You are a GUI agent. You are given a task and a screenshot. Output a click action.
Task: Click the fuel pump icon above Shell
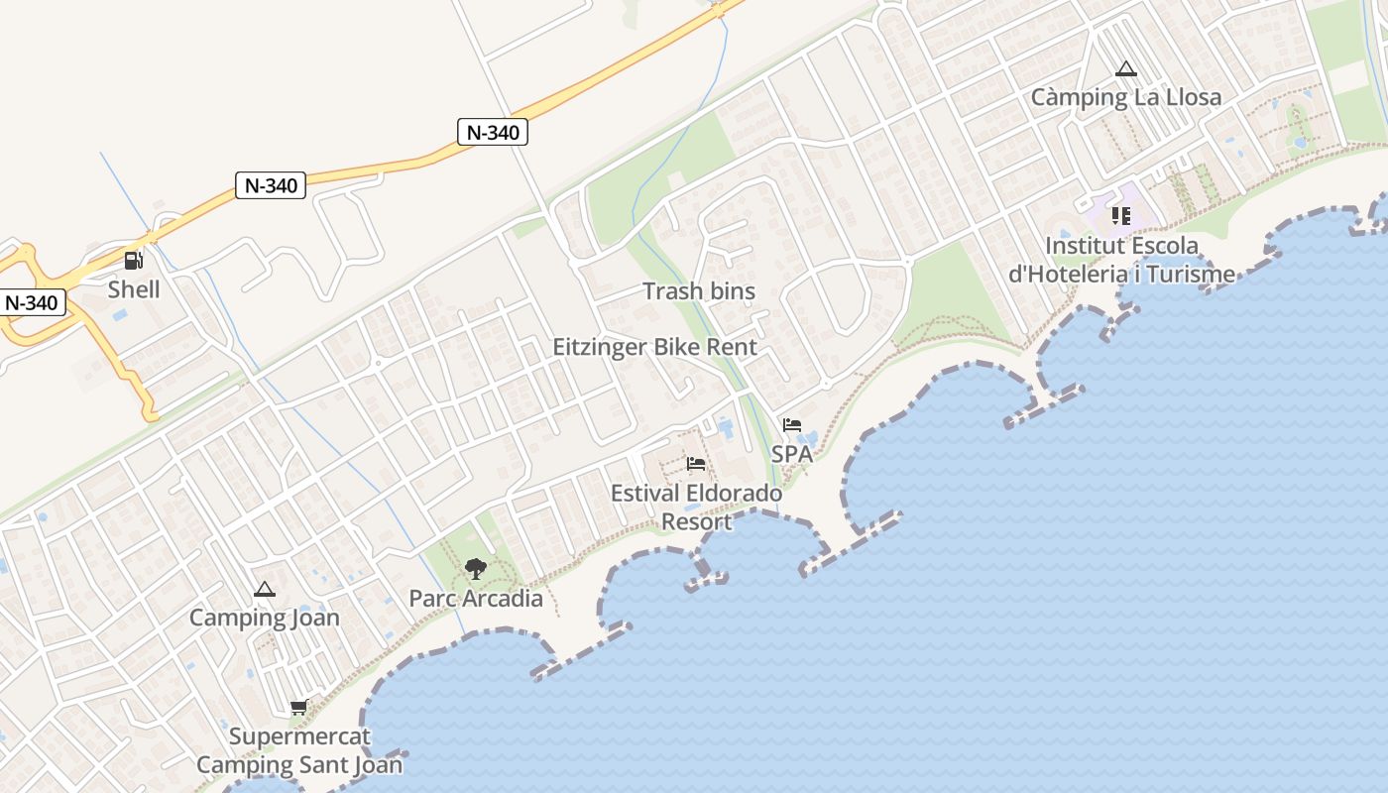click(133, 261)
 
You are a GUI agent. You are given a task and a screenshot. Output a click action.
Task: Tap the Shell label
click(134, 289)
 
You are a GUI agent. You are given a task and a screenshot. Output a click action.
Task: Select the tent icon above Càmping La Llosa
click(1125, 69)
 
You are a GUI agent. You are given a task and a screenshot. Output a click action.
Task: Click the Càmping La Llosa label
click(1126, 97)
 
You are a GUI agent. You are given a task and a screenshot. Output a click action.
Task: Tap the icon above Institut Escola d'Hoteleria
click(1121, 215)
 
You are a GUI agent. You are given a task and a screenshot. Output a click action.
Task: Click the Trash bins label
click(699, 291)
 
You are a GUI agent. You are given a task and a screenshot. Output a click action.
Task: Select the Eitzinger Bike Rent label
click(654, 347)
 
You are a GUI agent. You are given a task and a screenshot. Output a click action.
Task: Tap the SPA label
click(792, 454)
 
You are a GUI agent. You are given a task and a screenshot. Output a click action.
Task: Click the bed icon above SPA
click(792, 425)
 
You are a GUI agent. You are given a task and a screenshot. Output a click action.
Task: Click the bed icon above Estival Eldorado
click(696, 464)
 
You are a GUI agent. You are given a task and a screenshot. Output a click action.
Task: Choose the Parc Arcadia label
click(476, 599)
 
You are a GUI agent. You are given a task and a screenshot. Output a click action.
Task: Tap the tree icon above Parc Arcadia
click(476, 569)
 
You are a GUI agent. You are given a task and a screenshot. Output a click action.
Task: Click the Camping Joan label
click(265, 618)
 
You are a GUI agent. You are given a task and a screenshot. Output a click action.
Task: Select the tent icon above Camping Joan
click(265, 590)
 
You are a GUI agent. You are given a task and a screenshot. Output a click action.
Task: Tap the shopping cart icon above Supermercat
click(298, 708)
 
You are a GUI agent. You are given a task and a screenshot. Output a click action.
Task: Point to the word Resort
click(696, 521)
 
